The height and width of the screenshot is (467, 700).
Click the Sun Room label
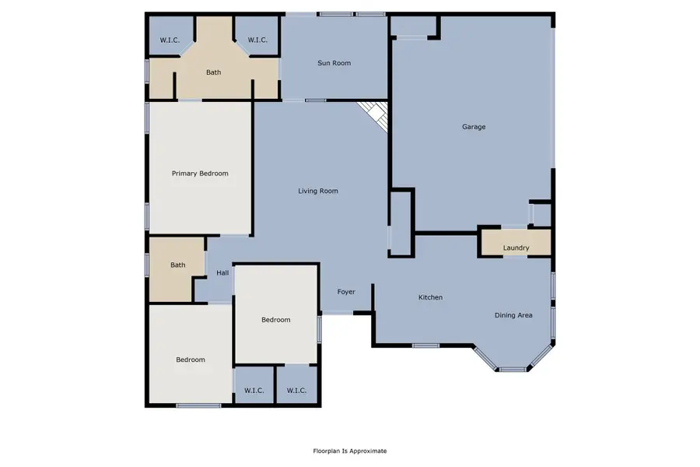[334, 63]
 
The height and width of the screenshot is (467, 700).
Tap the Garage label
[474, 127]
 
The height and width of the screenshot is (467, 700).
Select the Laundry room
[516, 248]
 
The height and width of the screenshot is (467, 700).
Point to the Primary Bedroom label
[200, 174]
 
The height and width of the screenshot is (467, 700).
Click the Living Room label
[318, 191]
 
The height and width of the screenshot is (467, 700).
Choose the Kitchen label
[430, 297]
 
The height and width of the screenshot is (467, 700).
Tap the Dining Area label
[513, 315]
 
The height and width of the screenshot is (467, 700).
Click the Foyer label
[346, 292]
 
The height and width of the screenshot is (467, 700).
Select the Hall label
[222, 272]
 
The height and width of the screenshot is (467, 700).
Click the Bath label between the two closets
[213, 72]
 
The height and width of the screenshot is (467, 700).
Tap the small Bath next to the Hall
[178, 265]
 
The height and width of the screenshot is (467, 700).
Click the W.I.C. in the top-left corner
[170, 40]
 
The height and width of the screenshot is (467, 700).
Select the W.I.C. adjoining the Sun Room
[257, 40]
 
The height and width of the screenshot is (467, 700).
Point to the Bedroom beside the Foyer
[275, 320]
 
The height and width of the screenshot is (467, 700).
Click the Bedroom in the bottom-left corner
[190, 360]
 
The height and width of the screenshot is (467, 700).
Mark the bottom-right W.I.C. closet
[296, 390]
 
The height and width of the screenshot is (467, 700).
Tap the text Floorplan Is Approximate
[349, 451]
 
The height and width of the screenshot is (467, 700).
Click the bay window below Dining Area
[512, 369]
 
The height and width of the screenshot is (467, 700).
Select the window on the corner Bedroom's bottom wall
[193, 406]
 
